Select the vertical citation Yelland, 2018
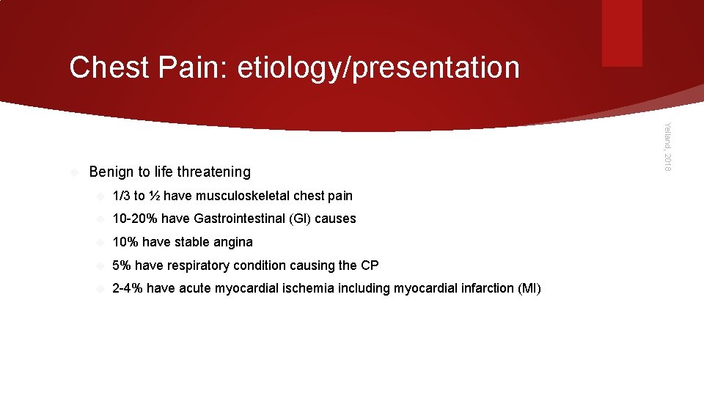pyautogui.click(x=667, y=147)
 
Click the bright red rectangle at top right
pyautogui.click(x=622, y=33)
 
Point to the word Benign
pyautogui.click(x=111, y=172)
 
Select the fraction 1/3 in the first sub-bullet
pyautogui.click(x=121, y=196)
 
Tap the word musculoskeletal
pyautogui.click(x=243, y=196)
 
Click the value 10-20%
pyautogui.click(x=135, y=219)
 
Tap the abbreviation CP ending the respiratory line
pyautogui.click(x=370, y=265)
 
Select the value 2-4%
pyautogui.click(x=128, y=288)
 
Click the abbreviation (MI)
pyautogui.click(x=529, y=288)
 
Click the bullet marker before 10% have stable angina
pyautogui.click(x=100, y=242)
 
